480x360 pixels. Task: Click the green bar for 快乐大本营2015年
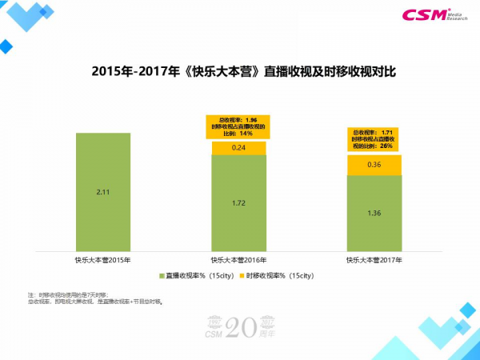point(103,192)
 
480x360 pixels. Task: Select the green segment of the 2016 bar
point(238,202)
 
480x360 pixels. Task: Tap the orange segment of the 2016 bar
point(238,148)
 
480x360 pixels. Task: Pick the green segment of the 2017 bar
point(374,214)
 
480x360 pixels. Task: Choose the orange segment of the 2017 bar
point(374,165)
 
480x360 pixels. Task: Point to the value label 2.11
point(103,193)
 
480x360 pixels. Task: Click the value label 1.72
point(238,203)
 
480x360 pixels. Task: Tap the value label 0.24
point(238,148)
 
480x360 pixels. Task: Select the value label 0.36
point(374,165)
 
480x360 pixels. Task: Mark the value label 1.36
point(374,214)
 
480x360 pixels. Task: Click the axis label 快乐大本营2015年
point(103,260)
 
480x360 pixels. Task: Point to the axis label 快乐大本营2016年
point(238,260)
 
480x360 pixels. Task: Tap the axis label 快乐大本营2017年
point(374,260)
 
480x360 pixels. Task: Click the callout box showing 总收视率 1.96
point(238,126)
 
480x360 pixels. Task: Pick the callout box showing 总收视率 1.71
point(374,138)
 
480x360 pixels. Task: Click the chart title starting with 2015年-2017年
point(239,70)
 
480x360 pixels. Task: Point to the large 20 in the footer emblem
point(241,326)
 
